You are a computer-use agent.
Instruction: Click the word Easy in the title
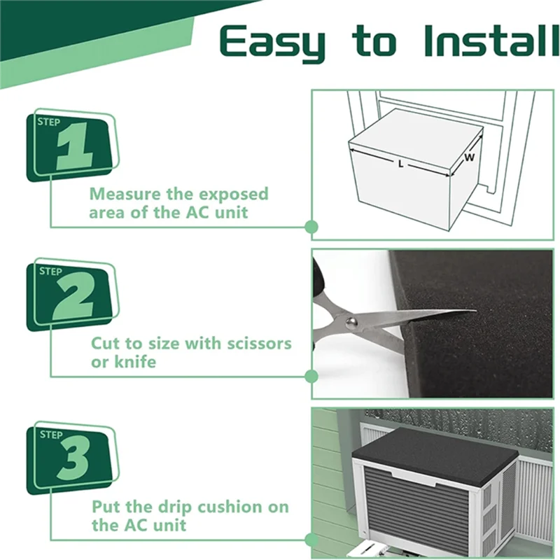click(x=272, y=43)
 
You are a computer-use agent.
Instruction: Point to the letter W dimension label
click(x=469, y=157)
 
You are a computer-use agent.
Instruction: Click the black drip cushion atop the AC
click(x=434, y=455)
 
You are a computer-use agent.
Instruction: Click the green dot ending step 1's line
click(x=311, y=226)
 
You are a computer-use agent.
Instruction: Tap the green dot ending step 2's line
click(x=311, y=376)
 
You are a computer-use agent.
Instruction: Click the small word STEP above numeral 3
click(x=51, y=435)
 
